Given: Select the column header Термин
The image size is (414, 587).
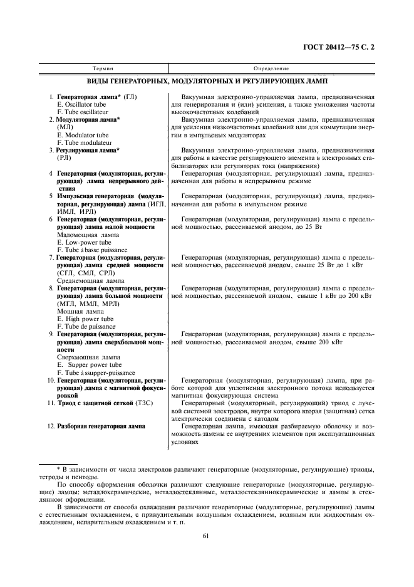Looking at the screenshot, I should pyautogui.click(x=103, y=68).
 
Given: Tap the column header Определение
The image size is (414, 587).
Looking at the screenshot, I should pyautogui.click(x=271, y=68).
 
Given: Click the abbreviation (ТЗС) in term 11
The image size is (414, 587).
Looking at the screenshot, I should pyautogui.click(x=139, y=403).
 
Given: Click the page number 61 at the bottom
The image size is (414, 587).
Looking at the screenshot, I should pyautogui.click(x=206, y=535).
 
